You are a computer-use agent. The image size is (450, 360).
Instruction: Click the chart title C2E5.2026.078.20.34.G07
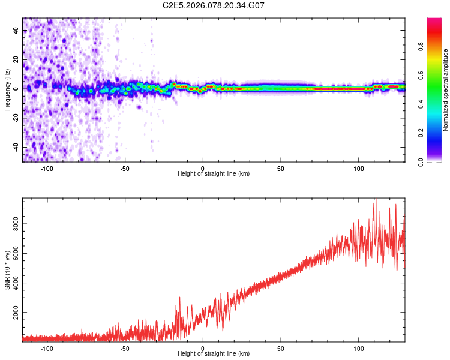pos(214,5)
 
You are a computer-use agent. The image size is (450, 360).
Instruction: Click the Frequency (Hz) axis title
pos(7,89)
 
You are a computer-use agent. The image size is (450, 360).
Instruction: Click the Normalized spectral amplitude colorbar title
pos(445,90)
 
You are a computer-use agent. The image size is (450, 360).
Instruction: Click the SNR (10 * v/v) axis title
pos(7,269)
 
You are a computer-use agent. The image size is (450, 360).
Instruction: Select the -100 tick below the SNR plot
pos(47,348)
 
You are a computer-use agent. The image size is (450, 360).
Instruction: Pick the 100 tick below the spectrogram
pos(358,168)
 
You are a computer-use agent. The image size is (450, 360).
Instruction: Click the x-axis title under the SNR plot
pos(214,354)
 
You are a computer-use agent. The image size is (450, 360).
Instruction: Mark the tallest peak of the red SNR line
pos(376,199)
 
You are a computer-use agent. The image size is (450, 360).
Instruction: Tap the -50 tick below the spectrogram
pos(125,168)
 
